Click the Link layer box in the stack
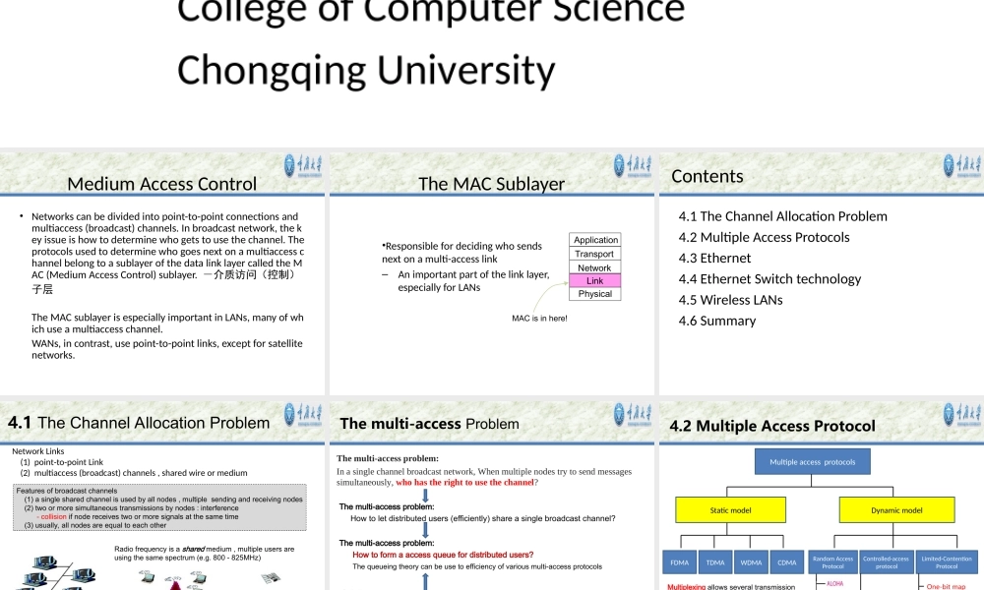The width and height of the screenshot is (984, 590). pos(595,281)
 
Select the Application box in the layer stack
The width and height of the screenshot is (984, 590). pos(595,240)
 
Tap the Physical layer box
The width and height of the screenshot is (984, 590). pos(595,294)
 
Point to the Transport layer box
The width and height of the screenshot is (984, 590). pos(595,254)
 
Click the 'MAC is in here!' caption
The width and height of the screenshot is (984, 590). pos(539,318)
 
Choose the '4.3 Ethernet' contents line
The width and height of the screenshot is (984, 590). pos(714,258)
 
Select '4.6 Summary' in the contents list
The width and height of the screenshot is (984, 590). pos(717,321)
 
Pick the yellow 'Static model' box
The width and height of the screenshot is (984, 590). pos(730,510)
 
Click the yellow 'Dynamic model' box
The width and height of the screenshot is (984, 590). pos(896,510)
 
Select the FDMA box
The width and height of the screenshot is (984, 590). pos(680,562)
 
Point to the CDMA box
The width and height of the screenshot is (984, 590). pos(786,562)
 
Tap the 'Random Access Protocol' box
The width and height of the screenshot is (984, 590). pos(832,562)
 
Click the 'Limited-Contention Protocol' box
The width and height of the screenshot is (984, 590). pos(947,562)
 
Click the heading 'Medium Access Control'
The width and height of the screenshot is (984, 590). pos(161,184)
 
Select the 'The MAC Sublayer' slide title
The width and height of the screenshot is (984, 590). pos(491,184)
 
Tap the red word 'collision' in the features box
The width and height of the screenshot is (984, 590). pos(53,516)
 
